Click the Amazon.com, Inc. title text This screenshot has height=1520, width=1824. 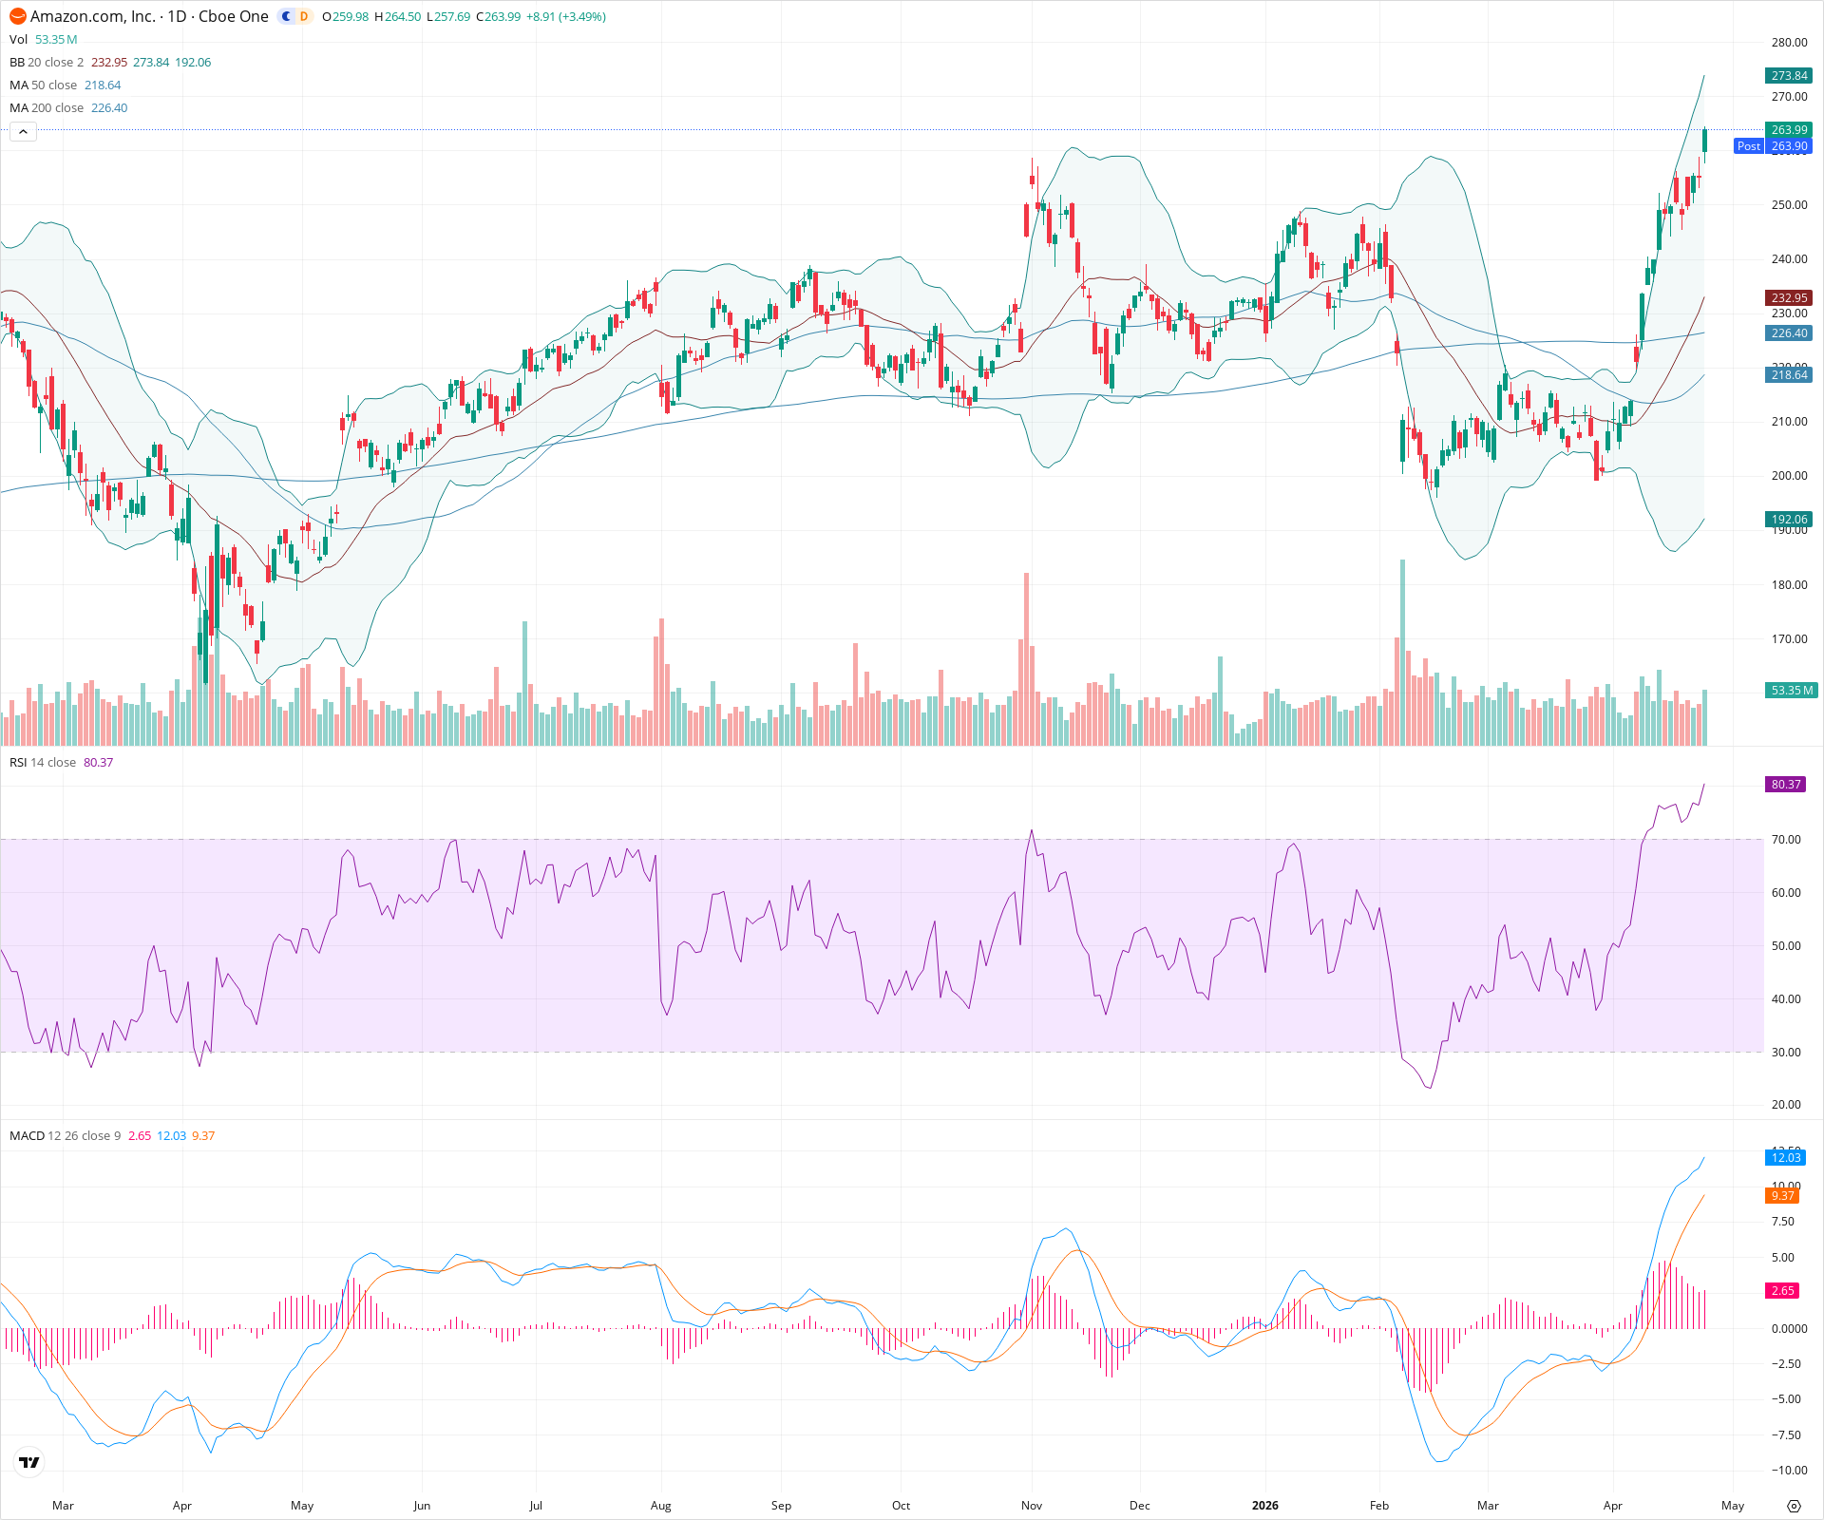click(93, 16)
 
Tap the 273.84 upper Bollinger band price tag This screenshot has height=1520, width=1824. click(1789, 76)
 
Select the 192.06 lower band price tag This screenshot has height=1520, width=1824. click(1789, 520)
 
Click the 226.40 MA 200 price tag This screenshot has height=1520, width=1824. click(1789, 333)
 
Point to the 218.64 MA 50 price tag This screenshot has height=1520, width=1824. click(1789, 375)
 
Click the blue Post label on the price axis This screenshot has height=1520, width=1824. click(1748, 146)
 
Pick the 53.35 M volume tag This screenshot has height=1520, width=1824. click(1791, 691)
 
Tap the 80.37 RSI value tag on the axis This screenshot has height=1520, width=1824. click(1786, 785)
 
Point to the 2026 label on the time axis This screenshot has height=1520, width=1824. click(1264, 1506)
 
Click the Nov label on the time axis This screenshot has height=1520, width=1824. click(1032, 1506)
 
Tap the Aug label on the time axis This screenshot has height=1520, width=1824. click(660, 1506)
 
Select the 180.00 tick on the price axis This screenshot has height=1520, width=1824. click(1789, 585)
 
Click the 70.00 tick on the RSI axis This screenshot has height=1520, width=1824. click(1786, 840)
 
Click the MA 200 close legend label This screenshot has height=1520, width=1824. click(47, 108)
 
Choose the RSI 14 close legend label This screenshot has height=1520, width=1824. click(43, 763)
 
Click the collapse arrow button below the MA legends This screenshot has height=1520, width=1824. click(23, 132)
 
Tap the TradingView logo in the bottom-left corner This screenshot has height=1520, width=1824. click(29, 1462)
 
